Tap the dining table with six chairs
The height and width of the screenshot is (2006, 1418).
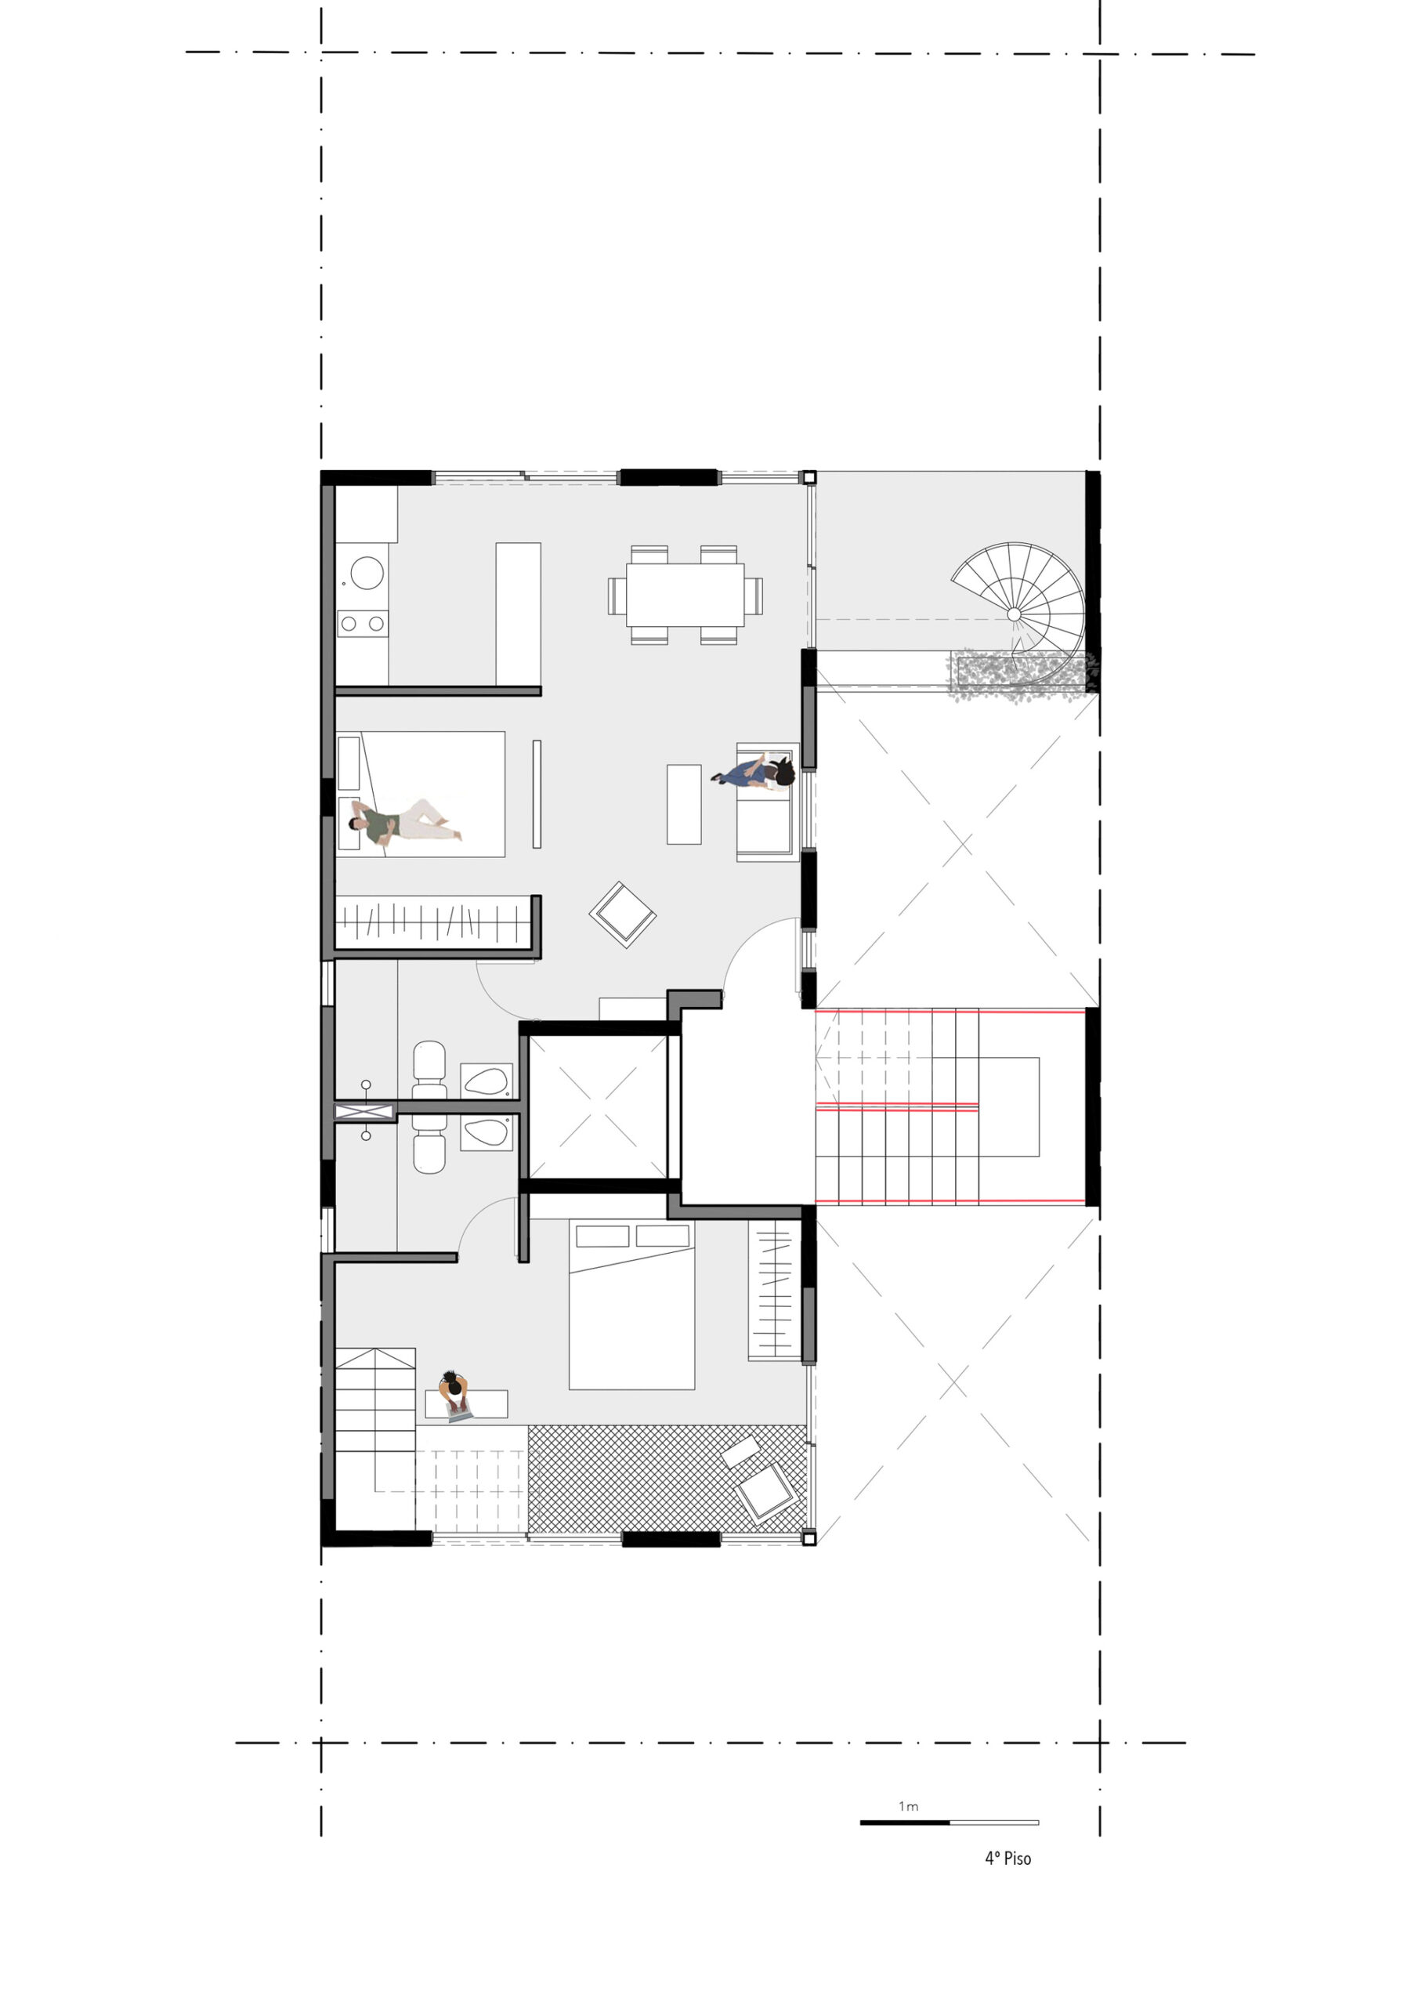pos(685,595)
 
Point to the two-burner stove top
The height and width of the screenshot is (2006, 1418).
pos(363,623)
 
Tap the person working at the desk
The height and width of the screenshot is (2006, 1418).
pos(455,1396)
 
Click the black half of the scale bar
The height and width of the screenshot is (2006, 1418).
pos(904,1823)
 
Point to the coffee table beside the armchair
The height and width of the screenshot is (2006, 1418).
pos(684,805)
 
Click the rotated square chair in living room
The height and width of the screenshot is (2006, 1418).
pos(623,914)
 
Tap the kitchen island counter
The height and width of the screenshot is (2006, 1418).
pos(518,614)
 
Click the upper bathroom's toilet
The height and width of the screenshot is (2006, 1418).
pos(429,1071)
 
